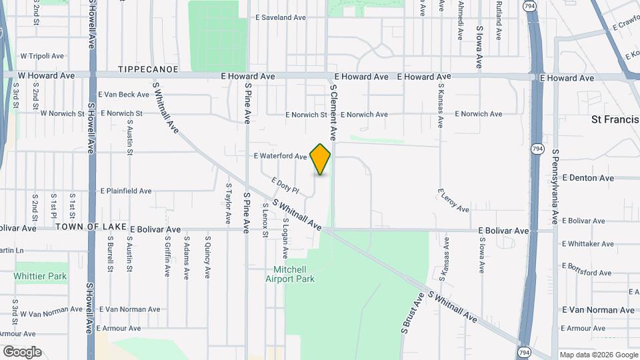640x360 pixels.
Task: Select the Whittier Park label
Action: [40, 276]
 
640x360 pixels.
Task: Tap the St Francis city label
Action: [615, 120]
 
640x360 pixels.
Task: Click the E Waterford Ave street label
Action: [281, 157]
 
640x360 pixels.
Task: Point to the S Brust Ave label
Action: [413, 313]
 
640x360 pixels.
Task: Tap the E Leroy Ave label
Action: [453, 201]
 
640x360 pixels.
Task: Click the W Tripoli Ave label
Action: [42, 56]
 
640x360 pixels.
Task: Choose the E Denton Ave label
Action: [588, 178]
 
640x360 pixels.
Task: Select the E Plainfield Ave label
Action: [126, 191]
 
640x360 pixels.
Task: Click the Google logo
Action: [22, 352]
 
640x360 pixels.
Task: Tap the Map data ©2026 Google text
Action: [597, 355]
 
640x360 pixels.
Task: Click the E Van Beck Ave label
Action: [124, 95]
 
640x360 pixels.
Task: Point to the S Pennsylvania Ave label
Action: [555, 187]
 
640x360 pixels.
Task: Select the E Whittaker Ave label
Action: [588, 244]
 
